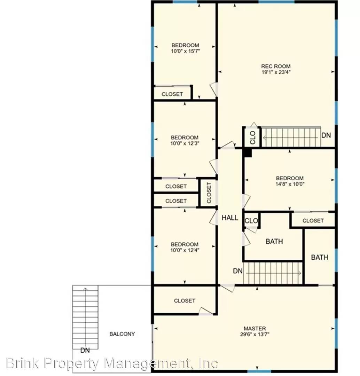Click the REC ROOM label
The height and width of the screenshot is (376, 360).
coord(276,66)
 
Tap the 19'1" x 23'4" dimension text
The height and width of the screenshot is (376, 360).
coord(276,72)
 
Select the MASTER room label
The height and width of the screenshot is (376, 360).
coord(255,328)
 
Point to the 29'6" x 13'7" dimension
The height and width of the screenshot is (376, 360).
coord(255,334)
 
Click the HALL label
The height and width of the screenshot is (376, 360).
coord(230,218)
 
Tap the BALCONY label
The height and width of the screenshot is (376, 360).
coord(122,334)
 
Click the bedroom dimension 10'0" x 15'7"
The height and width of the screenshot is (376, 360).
coord(185,51)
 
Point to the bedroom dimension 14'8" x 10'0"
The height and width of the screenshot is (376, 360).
coord(290,184)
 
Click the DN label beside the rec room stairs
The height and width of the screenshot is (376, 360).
coord(326,135)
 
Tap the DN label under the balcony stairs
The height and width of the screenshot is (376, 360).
coord(85,350)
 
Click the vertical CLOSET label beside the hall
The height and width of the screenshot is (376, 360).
coord(209,193)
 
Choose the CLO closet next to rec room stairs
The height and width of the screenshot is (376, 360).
coord(252,138)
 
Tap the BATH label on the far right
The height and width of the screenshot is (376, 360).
coord(319,257)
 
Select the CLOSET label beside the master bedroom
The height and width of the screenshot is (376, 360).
coord(185,300)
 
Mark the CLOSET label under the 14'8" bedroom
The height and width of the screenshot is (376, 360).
coord(313,220)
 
